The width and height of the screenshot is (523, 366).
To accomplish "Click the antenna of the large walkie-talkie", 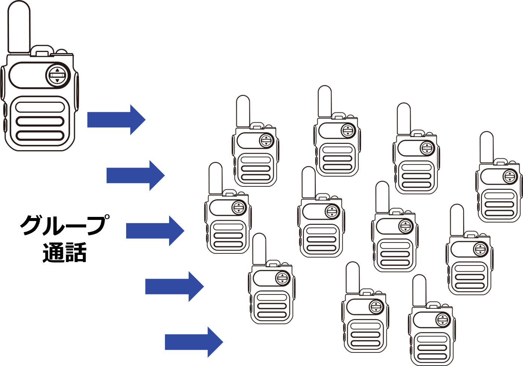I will pos(19,26).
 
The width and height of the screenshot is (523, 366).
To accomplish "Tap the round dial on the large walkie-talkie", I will pos(58,75).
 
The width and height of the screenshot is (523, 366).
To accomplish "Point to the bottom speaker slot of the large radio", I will pos(40,136).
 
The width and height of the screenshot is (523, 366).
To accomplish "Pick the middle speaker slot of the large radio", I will pos(40,121).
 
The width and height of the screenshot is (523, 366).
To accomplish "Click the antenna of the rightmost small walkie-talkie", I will pos(486,147).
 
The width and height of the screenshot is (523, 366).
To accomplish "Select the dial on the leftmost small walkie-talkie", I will pos(239,207).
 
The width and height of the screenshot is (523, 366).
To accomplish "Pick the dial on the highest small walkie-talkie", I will pos(348,131).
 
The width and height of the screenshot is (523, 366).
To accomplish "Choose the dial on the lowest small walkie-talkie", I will pos(443,320).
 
